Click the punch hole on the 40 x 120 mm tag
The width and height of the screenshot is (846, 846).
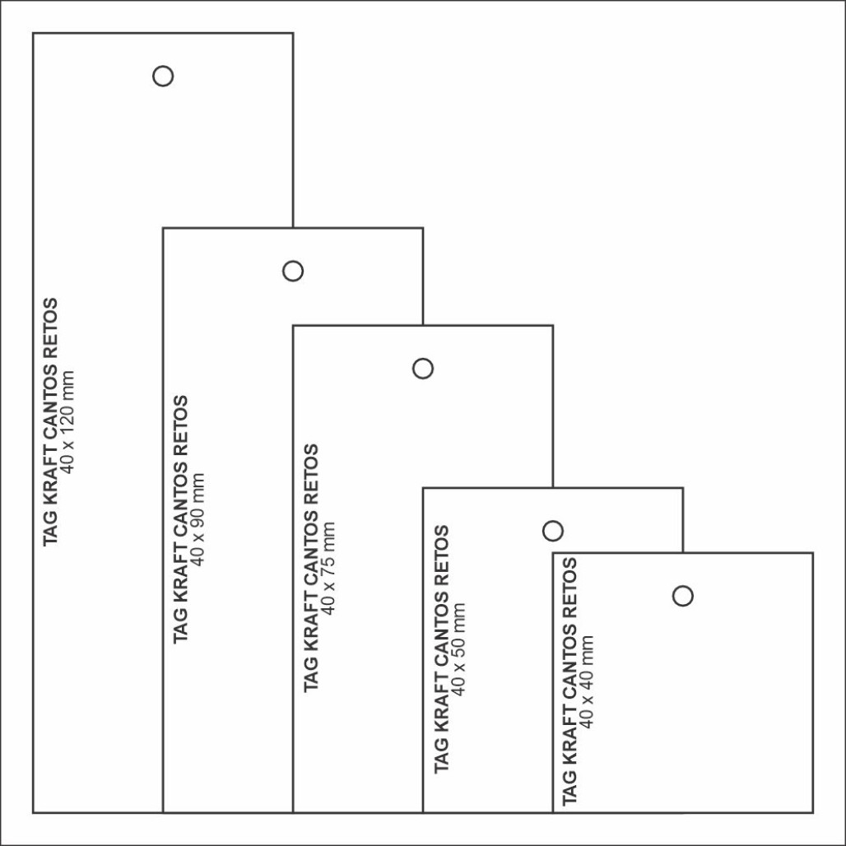click(163, 67)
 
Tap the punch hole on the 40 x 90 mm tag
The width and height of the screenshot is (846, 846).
click(293, 261)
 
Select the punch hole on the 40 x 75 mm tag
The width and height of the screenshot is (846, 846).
click(423, 359)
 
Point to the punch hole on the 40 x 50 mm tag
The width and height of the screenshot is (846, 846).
click(553, 521)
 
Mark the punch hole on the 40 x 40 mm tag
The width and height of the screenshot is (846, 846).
click(683, 587)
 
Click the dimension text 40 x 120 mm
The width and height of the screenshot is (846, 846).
click(67, 422)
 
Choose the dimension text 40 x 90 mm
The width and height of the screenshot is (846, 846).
click(198, 519)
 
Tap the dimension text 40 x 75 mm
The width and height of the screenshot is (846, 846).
click(328, 568)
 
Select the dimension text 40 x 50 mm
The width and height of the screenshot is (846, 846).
click(458, 649)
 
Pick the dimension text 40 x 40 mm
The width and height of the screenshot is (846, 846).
click(586, 682)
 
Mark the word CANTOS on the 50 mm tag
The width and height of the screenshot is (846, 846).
click(440, 626)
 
